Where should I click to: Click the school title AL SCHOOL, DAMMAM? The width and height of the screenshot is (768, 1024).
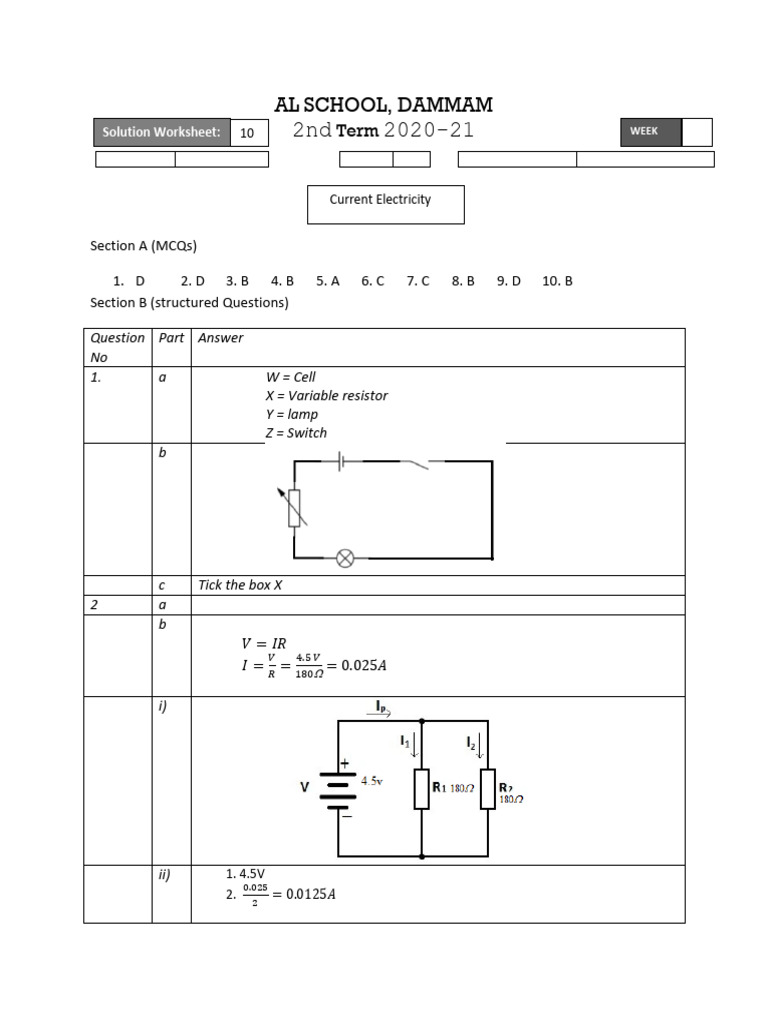(383, 105)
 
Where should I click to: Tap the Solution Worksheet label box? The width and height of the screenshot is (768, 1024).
(161, 132)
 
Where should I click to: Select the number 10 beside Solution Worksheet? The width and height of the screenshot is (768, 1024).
(247, 132)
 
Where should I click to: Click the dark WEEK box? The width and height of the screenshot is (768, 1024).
(650, 132)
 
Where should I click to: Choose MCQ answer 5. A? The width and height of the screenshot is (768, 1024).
(328, 281)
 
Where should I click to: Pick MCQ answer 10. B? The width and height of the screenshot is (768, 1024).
(557, 281)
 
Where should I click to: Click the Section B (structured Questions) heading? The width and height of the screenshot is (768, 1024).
(189, 302)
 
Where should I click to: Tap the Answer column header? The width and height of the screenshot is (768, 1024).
(221, 338)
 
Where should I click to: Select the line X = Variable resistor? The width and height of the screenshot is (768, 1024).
(326, 395)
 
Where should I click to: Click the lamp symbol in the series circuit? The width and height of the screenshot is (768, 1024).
(345, 558)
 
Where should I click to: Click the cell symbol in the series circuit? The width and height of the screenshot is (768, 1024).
(341, 461)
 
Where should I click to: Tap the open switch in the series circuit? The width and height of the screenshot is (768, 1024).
(415, 462)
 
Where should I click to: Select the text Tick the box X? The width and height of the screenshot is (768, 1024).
(240, 585)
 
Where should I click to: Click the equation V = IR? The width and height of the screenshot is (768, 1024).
(265, 644)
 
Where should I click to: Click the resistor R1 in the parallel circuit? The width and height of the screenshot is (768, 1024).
(422, 788)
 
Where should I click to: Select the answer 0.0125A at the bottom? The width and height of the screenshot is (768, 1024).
(310, 894)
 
